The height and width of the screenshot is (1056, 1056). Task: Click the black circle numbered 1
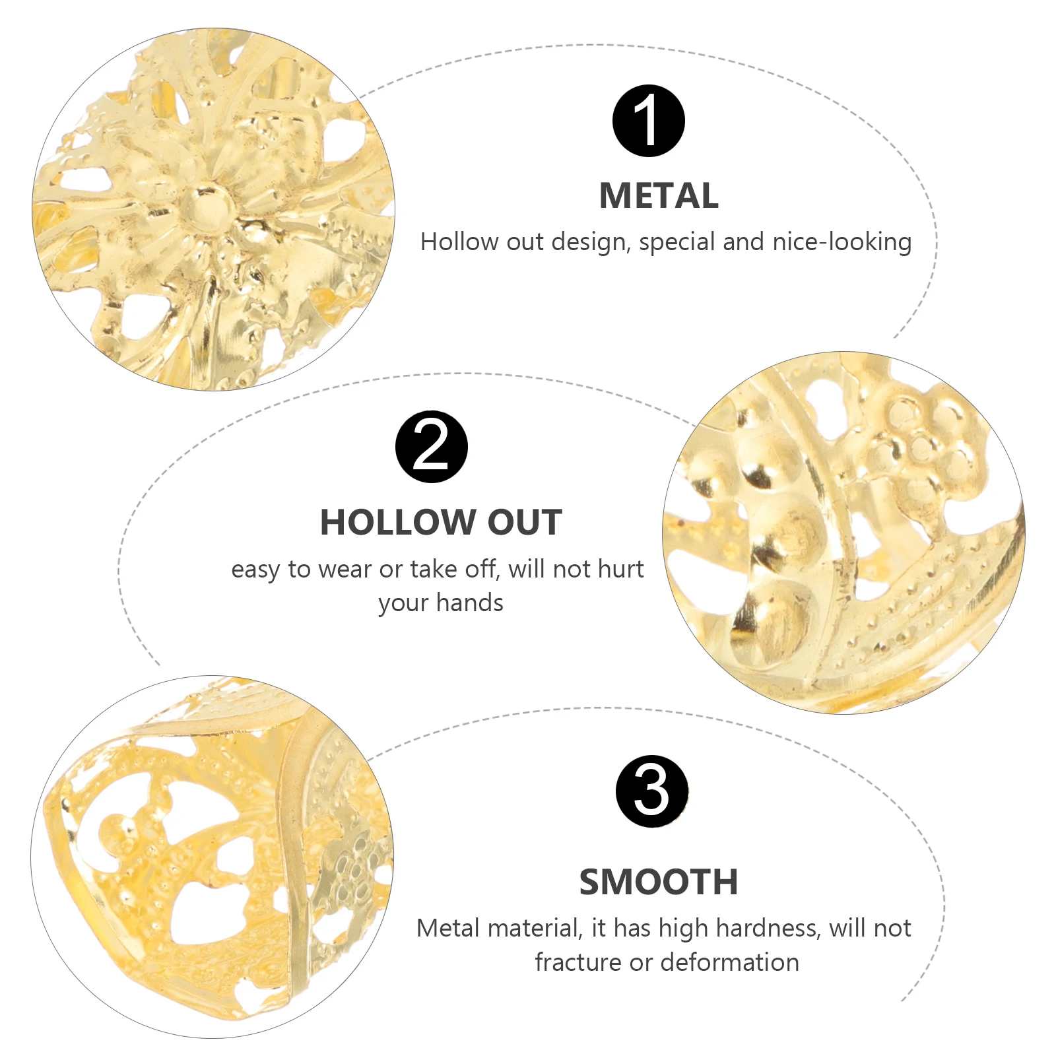[648, 121]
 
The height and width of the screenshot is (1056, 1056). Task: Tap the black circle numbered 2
[431, 447]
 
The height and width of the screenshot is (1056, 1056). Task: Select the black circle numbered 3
[651, 791]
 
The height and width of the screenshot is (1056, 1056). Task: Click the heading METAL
[659, 196]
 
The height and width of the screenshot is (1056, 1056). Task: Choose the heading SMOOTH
[659, 882]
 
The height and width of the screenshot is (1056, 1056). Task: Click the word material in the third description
[533, 929]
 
